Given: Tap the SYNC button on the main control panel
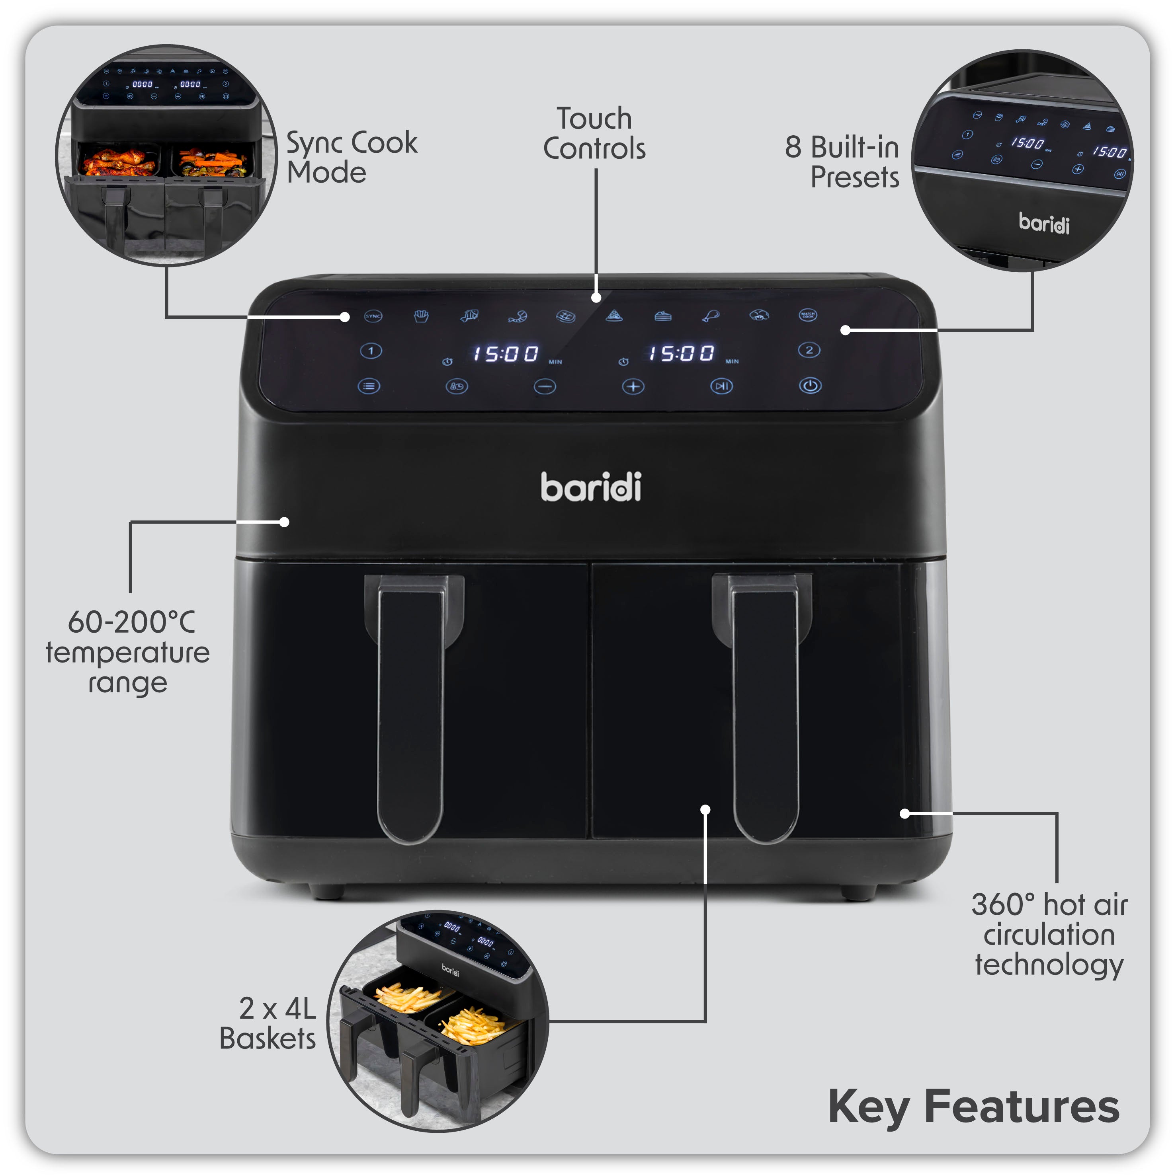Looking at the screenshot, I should (373, 316).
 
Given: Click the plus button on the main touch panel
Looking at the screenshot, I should (633, 386).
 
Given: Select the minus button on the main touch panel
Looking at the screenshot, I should (545, 386).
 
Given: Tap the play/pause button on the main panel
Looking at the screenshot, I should (721, 386).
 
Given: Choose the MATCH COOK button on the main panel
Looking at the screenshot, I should (808, 315).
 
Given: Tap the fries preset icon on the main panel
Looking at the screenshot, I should (421, 316).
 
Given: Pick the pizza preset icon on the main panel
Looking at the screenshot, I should (614, 315).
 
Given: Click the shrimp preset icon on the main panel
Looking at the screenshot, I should (518, 316).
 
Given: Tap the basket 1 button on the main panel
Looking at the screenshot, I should (371, 351).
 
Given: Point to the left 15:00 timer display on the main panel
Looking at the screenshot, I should (506, 353).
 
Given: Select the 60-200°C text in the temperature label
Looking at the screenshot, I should (131, 622).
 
